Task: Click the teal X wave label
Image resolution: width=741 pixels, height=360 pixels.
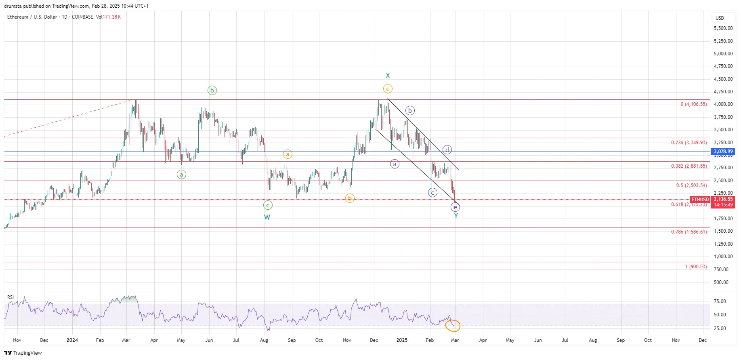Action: (388, 76)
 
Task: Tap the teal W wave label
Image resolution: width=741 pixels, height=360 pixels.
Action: (267, 217)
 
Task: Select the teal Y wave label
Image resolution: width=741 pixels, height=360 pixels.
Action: (456, 216)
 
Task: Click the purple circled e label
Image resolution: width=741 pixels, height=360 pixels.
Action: (455, 207)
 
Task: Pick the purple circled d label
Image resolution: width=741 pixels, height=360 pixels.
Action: (447, 149)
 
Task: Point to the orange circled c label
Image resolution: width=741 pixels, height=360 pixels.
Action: (388, 89)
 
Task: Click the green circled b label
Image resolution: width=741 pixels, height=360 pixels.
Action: (212, 90)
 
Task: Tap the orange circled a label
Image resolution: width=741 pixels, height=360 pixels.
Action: (288, 154)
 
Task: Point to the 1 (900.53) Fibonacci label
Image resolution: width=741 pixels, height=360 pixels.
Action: (696, 267)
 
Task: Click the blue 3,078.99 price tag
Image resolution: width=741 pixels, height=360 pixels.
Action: (723, 152)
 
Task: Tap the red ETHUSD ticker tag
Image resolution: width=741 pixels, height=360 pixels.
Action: (700, 200)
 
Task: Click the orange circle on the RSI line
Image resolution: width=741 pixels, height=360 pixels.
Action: (452, 325)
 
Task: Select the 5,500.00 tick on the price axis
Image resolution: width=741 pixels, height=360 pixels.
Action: (723, 28)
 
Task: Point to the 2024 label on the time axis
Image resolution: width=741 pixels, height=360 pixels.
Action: (72, 340)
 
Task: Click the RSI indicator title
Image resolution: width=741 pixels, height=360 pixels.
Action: (10, 297)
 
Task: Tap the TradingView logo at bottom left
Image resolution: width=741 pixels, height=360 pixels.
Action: (23, 353)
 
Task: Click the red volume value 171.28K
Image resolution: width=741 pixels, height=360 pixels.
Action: (111, 17)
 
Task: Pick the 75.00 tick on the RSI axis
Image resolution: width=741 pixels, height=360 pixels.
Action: (720, 301)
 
